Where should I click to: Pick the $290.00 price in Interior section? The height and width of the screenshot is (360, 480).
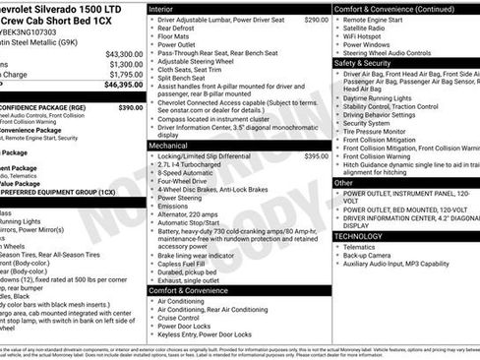click(316, 19)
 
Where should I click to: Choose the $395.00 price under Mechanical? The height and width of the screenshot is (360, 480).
click(316, 155)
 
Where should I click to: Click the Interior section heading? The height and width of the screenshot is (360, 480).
click(160, 8)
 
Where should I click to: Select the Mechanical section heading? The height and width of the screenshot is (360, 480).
click(168, 145)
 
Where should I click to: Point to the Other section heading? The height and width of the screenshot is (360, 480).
click(343, 183)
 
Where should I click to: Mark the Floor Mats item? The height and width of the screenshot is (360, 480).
click(177, 35)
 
